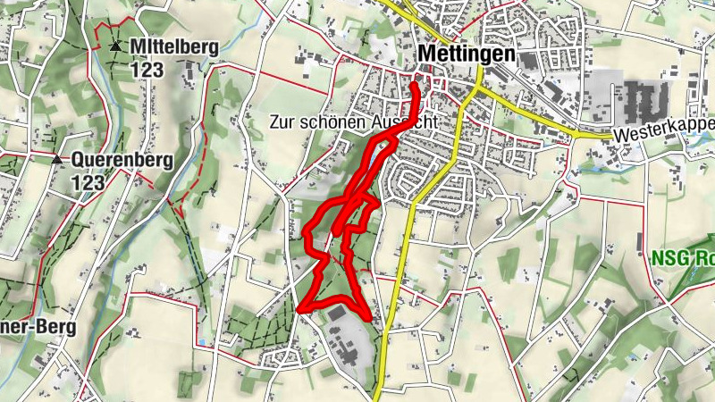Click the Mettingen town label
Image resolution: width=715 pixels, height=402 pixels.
tap(467, 54)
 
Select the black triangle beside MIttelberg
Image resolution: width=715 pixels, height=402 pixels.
tap(114, 46)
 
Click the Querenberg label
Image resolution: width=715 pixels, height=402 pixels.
tap(122, 161)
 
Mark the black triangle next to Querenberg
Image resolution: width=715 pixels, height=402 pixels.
tap(57, 160)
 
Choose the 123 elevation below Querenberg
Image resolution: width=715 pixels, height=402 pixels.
tap(89, 182)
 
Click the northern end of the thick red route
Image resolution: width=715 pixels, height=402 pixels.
tap(416, 84)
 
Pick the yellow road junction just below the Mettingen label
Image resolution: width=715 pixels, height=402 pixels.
tap(479, 89)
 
